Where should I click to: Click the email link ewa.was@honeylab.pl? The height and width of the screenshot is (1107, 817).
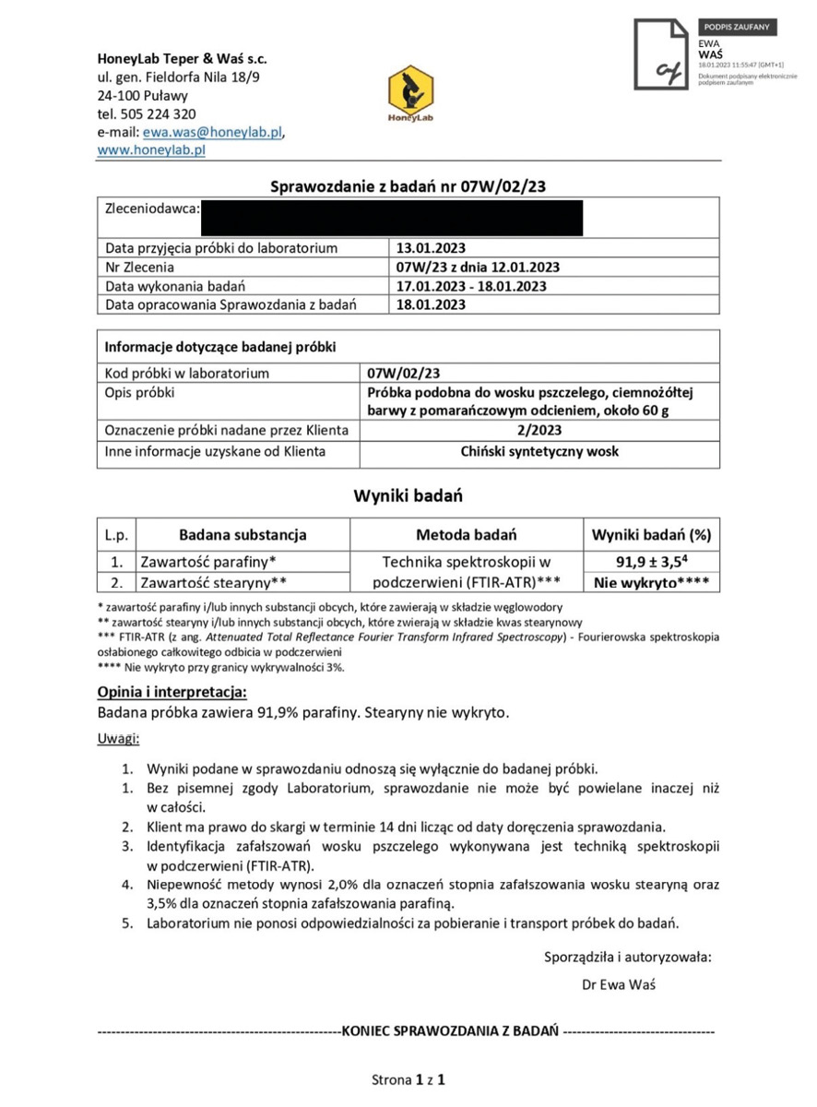coord(212,132)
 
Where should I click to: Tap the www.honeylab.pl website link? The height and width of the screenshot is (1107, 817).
coord(151,149)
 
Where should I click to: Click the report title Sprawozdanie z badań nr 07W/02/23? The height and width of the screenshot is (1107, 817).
coord(408,187)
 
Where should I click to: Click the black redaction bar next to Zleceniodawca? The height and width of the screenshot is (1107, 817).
coord(392,217)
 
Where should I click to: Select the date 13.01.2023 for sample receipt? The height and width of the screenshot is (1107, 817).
coord(431,248)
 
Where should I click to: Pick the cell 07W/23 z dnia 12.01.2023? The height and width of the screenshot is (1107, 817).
coord(478,268)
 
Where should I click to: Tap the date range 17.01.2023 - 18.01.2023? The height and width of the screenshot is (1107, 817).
coord(471,286)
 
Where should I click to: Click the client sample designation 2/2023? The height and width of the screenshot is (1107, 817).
coord(539,430)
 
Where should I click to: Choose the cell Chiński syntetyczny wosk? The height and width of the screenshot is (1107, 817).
coord(539,452)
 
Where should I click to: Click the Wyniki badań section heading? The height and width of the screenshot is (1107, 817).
coord(408,496)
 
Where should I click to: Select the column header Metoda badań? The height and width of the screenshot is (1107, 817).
coord(466,535)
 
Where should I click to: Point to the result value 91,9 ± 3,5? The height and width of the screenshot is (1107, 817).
coord(648,562)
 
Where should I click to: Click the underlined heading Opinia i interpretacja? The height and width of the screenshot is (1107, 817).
coord(172,692)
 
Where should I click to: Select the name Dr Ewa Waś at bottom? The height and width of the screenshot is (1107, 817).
coord(619,984)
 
